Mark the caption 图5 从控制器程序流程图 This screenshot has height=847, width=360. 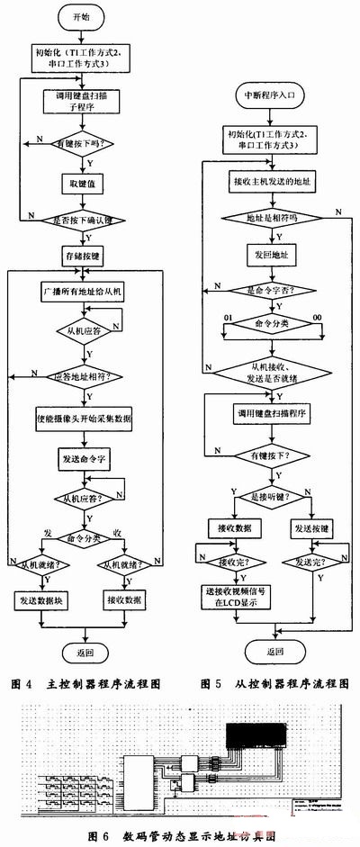(267, 683)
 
